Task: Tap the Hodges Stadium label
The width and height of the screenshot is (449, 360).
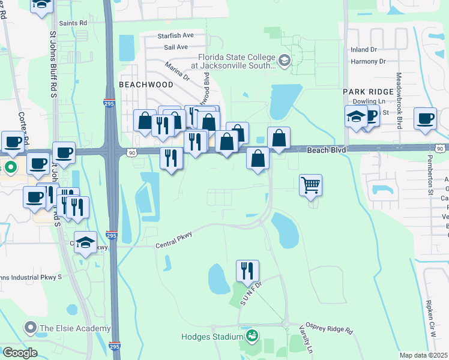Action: (211, 337)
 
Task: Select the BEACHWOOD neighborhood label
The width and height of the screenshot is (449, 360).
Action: (146, 85)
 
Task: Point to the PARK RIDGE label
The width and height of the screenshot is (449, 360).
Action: (368, 91)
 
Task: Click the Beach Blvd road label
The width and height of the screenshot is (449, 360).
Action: (327, 149)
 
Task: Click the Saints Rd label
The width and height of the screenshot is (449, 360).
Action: (74, 23)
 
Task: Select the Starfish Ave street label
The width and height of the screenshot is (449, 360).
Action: (176, 36)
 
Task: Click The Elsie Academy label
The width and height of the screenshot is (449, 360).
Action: (75, 328)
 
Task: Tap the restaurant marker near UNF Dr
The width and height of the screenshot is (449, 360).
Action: (247, 271)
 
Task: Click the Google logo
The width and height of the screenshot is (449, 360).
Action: (20, 353)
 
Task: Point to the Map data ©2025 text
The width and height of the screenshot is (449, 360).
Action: (423, 355)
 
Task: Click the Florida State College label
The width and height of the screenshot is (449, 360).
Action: (234, 59)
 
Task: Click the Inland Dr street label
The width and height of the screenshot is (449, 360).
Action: (364, 49)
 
